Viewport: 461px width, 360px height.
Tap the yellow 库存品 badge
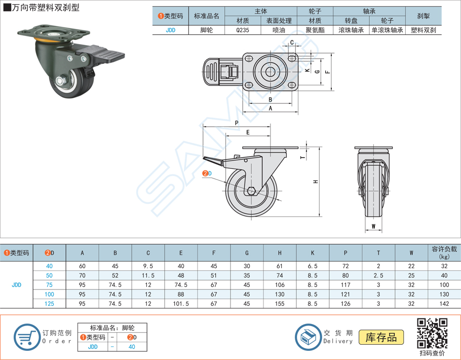tap(381, 337)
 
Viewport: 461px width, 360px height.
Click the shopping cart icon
tap(25, 336)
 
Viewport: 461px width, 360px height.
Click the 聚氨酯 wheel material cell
tap(315, 30)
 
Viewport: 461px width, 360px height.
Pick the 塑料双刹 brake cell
tap(423, 30)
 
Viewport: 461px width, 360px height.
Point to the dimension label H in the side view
tap(315, 182)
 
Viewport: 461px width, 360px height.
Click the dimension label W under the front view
tap(373, 226)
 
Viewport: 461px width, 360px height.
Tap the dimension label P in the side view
tap(237, 123)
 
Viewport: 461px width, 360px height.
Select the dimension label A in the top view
tap(271, 108)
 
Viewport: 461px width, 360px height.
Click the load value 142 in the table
tap(444, 304)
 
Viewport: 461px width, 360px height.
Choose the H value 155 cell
tap(280, 304)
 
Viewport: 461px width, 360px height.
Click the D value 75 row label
tap(49, 285)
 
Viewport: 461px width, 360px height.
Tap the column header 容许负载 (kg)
tap(444, 253)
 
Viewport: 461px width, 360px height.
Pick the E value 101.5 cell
tap(181, 304)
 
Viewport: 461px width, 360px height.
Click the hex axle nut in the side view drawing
tap(252, 191)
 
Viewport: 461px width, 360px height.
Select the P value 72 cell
tap(345, 266)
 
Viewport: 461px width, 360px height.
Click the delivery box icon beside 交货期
tap(308, 336)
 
